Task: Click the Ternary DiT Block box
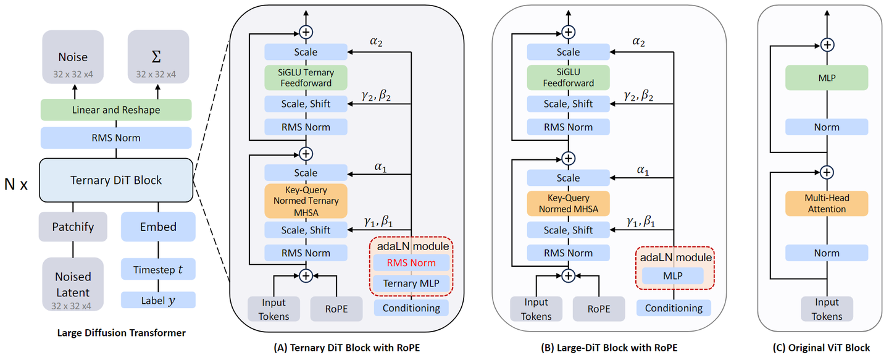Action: click(x=115, y=180)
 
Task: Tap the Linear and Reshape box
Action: click(x=115, y=110)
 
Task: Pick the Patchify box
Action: click(x=73, y=227)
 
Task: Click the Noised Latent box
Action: click(x=73, y=285)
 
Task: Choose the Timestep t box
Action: click(x=158, y=270)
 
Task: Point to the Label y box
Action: click(x=158, y=300)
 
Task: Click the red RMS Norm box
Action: click(x=411, y=263)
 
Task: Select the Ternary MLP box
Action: click(x=411, y=283)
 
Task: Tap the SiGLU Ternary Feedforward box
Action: click(x=306, y=77)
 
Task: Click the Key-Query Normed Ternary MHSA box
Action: click(x=306, y=201)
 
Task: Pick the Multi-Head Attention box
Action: click(x=827, y=204)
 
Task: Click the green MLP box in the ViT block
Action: click(x=827, y=78)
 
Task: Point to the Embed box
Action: click(x=158, y=227)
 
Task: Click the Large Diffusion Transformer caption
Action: click(x=121, y=333)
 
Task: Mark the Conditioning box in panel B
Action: click(x=674, y=308)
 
